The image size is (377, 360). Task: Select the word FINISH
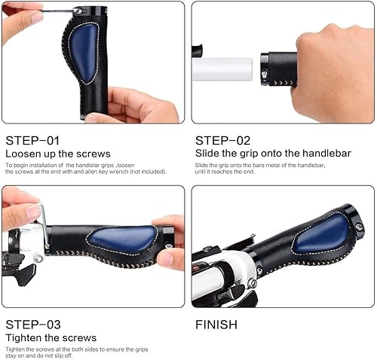tap(216, 325)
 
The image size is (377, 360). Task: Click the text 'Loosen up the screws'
tap(58, 154)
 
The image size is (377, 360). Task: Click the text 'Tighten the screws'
tap(51, 337)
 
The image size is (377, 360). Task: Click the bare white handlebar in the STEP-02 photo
tap(225, 69)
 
